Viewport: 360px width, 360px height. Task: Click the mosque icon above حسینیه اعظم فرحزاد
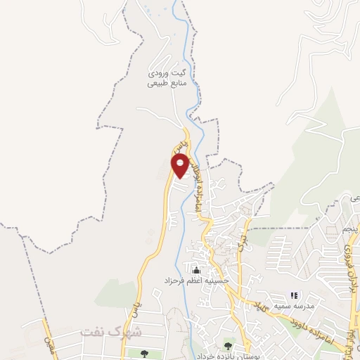pos(195,270)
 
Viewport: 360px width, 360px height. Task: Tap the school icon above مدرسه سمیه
pos(294,296)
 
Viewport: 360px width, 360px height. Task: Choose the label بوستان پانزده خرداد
pos(227,356)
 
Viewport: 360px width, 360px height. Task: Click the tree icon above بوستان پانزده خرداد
pos(227,345)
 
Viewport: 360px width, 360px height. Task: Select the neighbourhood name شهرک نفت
pos(110,331)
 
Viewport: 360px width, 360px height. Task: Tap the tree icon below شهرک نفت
pos(144,354)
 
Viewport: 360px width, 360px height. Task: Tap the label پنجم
pos(349,229)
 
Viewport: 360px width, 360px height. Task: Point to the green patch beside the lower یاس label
pos(112,294)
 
